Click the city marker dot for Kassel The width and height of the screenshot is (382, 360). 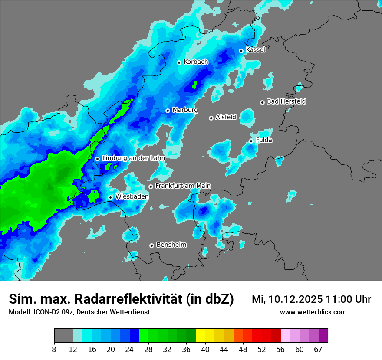241,51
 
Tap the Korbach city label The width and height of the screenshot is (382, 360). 196,62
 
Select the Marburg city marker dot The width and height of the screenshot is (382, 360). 168,111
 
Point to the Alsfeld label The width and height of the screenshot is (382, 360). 226,117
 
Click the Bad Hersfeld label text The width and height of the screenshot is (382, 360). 286,101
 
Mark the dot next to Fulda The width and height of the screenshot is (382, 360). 251,141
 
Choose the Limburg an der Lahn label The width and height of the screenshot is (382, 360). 133,158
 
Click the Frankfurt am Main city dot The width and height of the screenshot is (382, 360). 151,187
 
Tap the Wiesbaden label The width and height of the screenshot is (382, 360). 132,196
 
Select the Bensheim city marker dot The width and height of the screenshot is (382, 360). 151,245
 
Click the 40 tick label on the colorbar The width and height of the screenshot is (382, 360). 205,350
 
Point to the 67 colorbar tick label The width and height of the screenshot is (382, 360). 318,350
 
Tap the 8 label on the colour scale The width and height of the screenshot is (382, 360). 54,350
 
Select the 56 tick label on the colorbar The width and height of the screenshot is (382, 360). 281,350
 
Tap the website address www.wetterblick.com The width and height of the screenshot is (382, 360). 313,312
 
